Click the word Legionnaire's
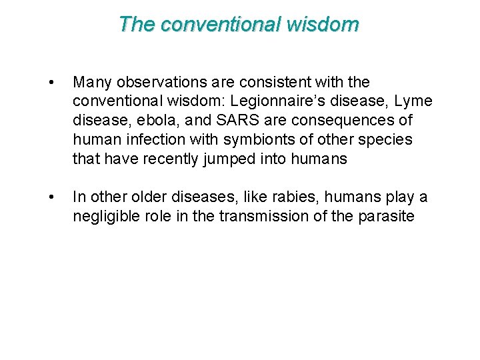tap(250, 101)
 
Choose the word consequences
tap(339, 121)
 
